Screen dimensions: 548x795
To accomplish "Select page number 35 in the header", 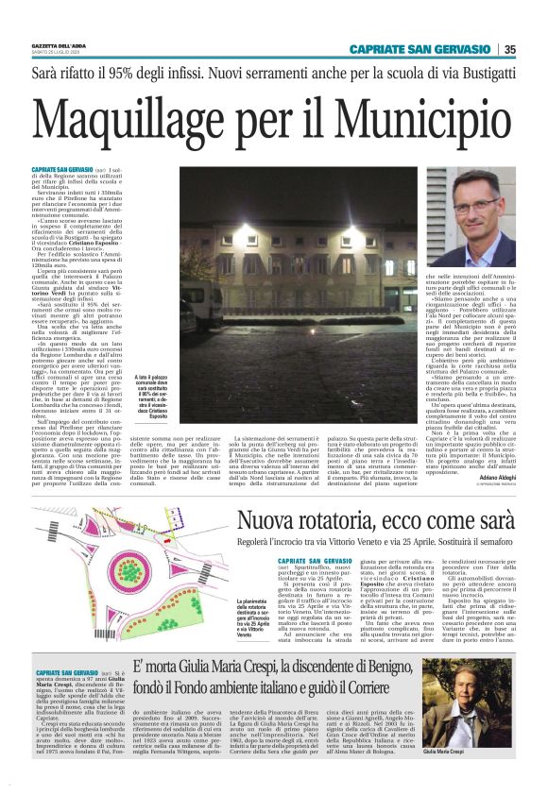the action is [x=509, y=49].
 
